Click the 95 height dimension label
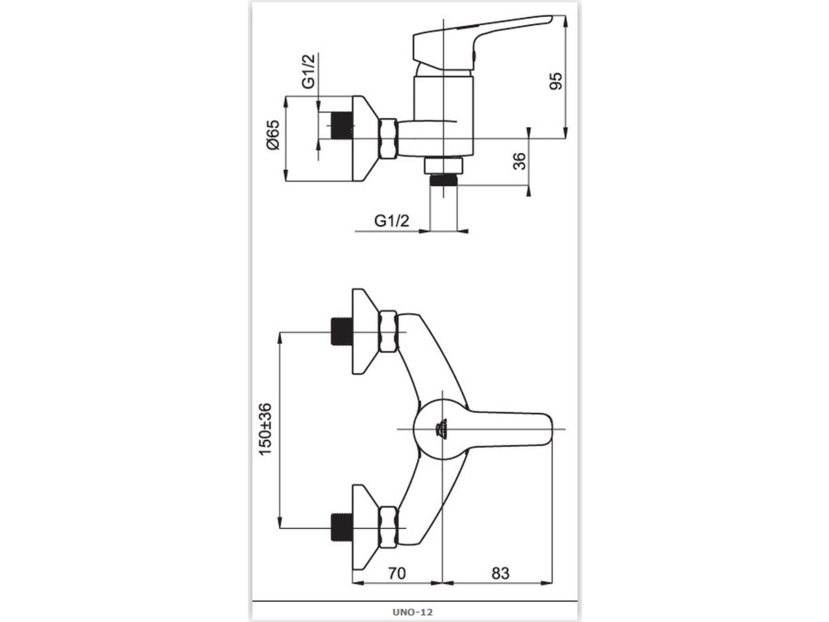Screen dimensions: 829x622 coord(555,81)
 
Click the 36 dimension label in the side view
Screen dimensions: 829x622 coord(520,160)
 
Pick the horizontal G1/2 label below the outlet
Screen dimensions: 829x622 coord(391,219)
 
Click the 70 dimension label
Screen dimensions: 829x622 coord(396,573)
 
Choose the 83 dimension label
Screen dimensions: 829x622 coord(500,573)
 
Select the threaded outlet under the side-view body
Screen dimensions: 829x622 coord(443,178)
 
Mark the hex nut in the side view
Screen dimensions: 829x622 coord(388,138)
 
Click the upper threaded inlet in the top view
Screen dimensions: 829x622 coord(341,332)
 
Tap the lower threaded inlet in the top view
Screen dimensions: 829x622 coord(341,526)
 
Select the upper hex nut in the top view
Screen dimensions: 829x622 coord(388,332)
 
